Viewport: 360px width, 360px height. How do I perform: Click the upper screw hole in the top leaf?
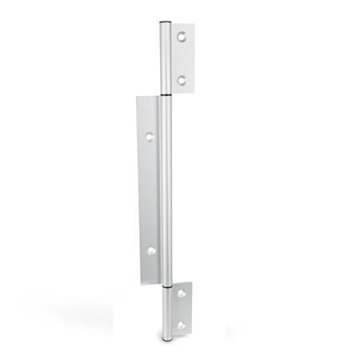(x=182, y=37)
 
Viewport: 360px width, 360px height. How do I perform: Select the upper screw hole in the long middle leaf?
(x=149, y=137)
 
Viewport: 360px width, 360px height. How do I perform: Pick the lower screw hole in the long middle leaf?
(x=150, y=250)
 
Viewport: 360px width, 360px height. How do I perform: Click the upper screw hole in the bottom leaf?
(x=182, y=294)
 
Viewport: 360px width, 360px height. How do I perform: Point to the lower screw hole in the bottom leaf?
(x=182, y=325)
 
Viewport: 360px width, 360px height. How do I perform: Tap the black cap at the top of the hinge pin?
(x=164, y=22)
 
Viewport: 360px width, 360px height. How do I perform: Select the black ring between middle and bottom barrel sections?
(x=165, y=284)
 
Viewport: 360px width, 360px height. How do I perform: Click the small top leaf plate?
(x=186, y=58)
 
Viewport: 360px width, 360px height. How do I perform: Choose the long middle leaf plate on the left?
(x=148, y=192)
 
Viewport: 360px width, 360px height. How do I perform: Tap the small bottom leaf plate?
(x=183, y=310)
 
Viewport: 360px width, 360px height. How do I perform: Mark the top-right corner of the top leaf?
(x=194, y=24)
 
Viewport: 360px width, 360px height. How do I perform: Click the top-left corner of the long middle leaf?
(x=137, y=98)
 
